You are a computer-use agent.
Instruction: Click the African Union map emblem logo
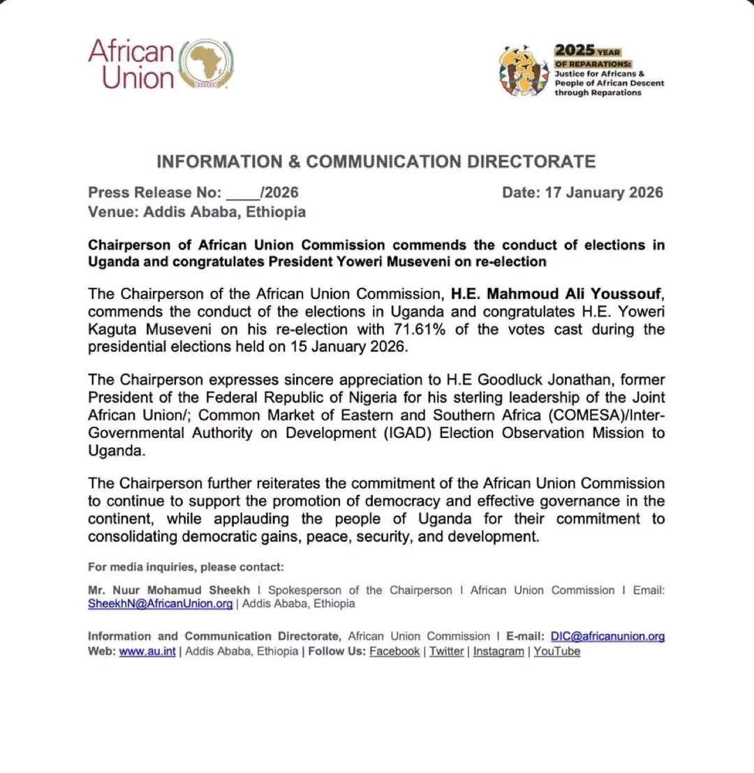[x=207, y=64]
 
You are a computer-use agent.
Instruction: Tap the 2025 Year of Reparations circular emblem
[x=524, y=72]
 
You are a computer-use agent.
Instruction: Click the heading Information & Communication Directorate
[x=376, y=162]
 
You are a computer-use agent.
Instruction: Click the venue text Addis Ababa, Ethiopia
[x=224, y=212]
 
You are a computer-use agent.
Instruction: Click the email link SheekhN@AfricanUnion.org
[x=161, y=604]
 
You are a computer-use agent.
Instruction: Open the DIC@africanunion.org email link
[x=607, y=636]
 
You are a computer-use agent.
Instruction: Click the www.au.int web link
[x=147, y=651]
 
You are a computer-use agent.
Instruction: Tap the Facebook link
[x=394, y=651]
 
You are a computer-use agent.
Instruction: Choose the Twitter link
[x=447, y=651]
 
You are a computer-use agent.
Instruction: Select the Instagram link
[x=498, y=651]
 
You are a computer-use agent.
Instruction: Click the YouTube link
[x=557, y=651]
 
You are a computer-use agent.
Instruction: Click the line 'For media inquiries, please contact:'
[x=186, y=567]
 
